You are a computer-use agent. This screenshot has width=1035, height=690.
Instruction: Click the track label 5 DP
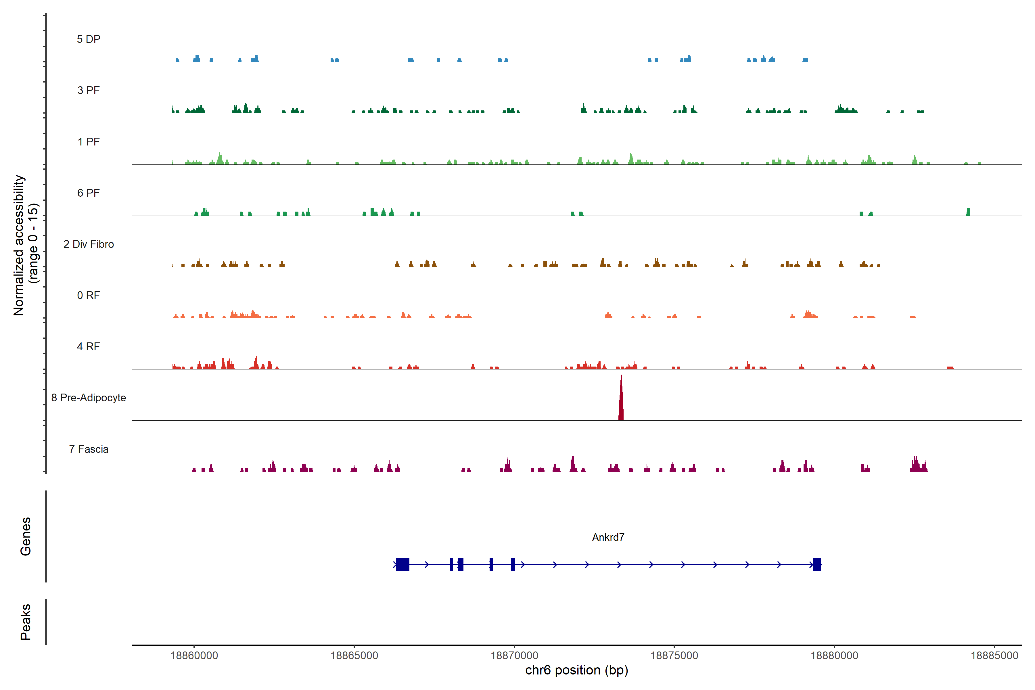[x=89, y=39]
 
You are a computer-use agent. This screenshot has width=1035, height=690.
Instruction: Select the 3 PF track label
[x=89, y=90]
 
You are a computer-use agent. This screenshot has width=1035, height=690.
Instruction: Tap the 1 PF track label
[x=89, y=142]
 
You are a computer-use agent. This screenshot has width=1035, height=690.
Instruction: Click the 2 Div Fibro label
[x=89, y=244]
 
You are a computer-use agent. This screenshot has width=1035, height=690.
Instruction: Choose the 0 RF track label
[x=89, y=295]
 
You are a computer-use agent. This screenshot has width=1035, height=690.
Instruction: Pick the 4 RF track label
[x=89, y=346]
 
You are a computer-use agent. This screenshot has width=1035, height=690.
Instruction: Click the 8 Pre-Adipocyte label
[x=89, y=398]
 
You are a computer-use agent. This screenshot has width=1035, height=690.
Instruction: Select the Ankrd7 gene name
[x=608, y=537]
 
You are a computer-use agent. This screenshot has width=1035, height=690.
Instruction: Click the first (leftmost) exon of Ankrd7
[x=403, y=564]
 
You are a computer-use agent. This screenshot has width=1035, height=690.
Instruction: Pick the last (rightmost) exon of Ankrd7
[x=817, y=564]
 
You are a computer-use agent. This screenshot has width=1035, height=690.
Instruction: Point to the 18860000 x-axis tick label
[x=194, y=656]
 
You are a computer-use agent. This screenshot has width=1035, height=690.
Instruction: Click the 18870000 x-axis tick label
[x=514, y=656]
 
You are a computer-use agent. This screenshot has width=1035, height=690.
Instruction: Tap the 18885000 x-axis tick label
[x=994, y=656]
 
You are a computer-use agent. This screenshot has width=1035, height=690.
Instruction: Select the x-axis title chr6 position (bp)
[x=576, y=670]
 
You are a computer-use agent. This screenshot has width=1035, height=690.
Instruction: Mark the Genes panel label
[x=26, y=536]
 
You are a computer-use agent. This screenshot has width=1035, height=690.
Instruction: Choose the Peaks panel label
[x=26, y=622]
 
